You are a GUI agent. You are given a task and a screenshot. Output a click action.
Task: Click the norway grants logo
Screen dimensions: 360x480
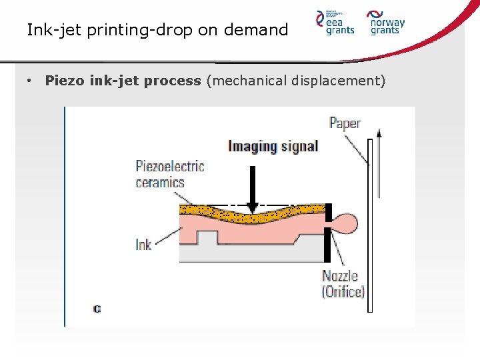click(387, 22)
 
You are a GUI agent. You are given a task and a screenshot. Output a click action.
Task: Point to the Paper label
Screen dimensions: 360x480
click(345, 123)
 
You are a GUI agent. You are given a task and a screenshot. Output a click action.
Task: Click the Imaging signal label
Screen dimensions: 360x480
click(273, 146)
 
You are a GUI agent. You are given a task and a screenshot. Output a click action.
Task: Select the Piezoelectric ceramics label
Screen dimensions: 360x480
click(169, 174)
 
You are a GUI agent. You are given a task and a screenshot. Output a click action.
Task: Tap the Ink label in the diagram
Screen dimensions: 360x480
click(143, 245)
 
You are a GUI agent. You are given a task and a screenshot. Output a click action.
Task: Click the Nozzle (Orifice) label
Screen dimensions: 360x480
click(343, 283)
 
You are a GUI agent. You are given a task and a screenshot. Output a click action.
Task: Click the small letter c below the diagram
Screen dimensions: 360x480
click(97, 309)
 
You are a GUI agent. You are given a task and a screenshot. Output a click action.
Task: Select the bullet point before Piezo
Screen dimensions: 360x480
click(30, 81)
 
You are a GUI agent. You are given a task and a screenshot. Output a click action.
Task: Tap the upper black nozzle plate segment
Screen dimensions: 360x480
click(328, 213)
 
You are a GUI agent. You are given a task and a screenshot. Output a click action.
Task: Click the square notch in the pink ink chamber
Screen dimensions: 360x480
click(208, 237)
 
